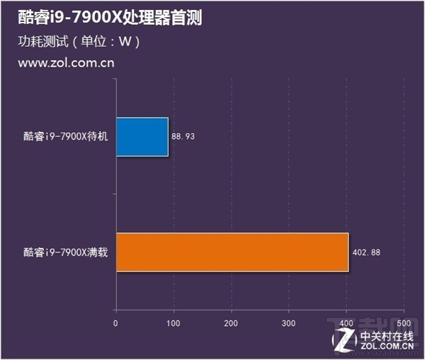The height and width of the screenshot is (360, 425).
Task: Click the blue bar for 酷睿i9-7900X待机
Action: [142, 137]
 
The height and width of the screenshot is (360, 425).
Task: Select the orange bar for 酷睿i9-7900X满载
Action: [232, 252]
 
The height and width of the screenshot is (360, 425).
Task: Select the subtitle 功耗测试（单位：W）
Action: [79, 42]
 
